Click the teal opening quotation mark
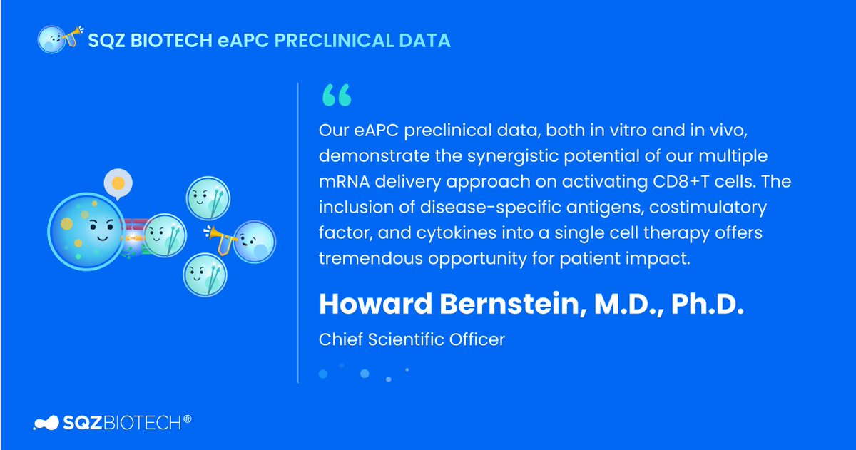click(336, 96)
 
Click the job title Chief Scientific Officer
click(412, 339)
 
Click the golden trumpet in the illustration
click(218, 236)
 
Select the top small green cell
click(207, 198)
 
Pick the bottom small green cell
click(205, 275)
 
